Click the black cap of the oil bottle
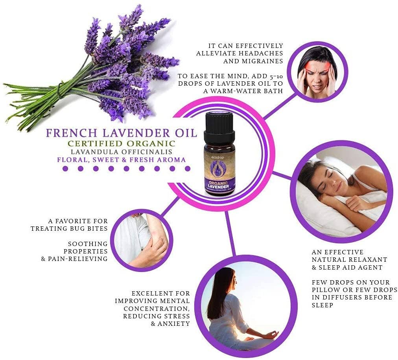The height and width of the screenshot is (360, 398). tap(219, 126)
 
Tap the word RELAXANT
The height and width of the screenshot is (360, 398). tap(367, 260)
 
